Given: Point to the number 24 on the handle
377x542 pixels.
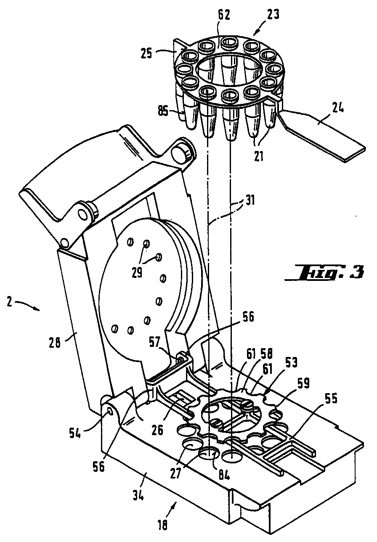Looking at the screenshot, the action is [x=337, y=110].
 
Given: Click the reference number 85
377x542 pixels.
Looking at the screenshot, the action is [x=163, y=112].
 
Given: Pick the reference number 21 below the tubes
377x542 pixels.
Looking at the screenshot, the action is [x=259, y=156].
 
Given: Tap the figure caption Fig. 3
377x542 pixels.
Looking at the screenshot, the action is [x=324, y=273].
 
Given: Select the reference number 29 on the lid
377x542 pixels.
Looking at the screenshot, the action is [x=137, y=273].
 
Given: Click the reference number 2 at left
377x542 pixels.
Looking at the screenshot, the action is [x=9, y=302].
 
